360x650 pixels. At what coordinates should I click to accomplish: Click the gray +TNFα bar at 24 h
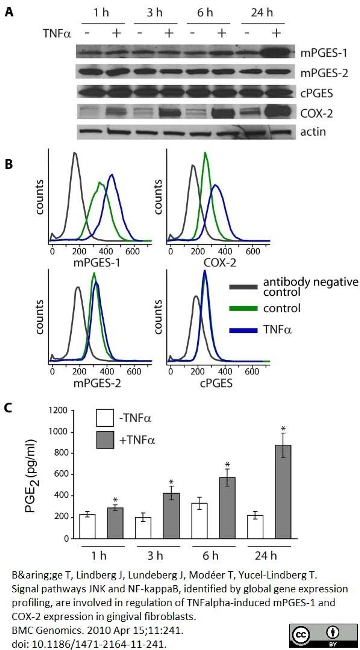283,492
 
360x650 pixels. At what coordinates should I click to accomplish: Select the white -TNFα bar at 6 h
199,521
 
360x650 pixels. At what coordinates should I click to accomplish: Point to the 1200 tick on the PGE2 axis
58,410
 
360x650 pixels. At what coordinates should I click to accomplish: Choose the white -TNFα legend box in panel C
105,418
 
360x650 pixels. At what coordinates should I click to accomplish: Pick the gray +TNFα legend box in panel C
105,440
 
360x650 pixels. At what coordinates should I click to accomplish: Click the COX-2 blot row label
316,114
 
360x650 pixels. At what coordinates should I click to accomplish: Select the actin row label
313,132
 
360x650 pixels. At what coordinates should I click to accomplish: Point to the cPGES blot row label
316,93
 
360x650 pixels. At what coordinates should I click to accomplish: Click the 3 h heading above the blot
155,13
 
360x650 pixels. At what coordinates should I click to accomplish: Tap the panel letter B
9,164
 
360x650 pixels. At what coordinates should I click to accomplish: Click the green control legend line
243,308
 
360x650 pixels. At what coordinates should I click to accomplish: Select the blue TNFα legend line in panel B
243,330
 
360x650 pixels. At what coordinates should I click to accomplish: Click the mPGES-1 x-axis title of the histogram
97,263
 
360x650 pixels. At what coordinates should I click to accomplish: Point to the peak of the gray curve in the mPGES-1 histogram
75,153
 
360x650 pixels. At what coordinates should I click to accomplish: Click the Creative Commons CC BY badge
323,635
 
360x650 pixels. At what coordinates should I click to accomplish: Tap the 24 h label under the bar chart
266,556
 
